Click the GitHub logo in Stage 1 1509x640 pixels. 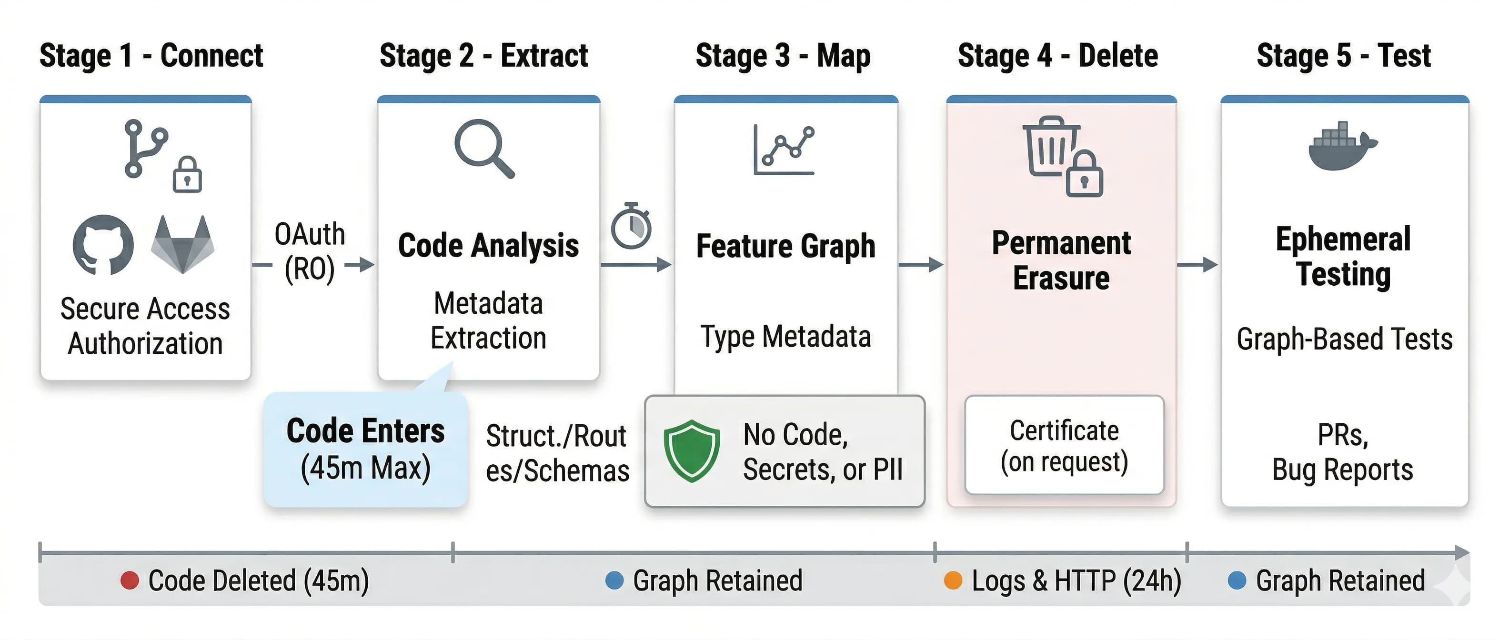click(x=103, y=245)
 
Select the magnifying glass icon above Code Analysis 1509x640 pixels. click(x=484, y=148)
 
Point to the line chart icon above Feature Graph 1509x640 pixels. click(x=784, y=150)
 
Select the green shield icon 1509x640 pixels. click(x=692, y=451)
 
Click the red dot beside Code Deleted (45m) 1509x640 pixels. click(x=130, y=580)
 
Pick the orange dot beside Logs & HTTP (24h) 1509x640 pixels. click(x=953, y=580)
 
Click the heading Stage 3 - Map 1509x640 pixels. click(x=783, y=56)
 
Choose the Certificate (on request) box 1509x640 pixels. click(x=1064, y=445)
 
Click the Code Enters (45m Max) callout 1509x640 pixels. click(x=365, y=450)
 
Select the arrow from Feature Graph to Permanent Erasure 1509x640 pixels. click(x=921, y=265)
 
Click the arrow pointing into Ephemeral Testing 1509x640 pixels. click(x=1197, y=265)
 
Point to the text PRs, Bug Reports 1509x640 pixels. click(x=1343, y=452)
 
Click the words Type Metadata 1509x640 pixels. click(x=785, y=337)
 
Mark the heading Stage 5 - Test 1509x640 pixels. click(x=1343, y=56)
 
